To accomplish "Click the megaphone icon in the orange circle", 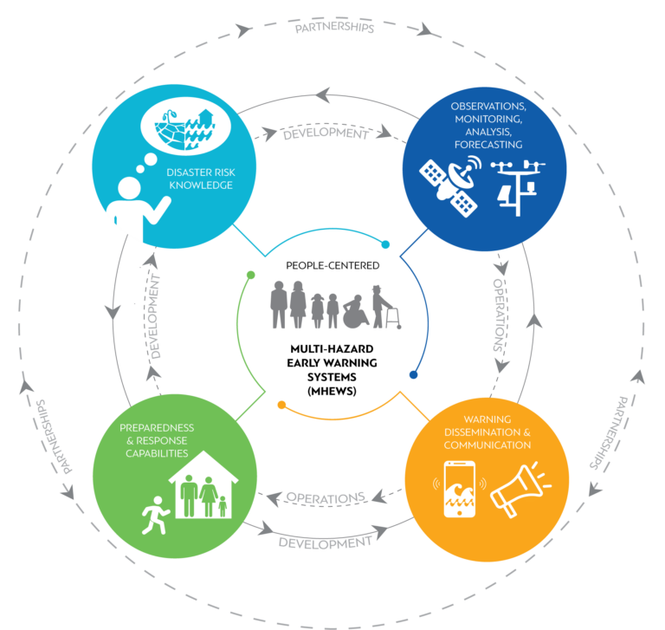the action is pos(520,490).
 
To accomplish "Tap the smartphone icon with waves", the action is pos(459,489).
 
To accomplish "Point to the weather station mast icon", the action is pos(518,188).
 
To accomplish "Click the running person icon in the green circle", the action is pos(155,516).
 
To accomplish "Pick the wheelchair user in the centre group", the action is pos(356,312).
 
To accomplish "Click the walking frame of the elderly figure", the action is pos(393,318).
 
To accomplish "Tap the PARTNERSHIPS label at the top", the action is pos(334,27).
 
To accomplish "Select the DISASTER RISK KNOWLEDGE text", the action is pos(201,179).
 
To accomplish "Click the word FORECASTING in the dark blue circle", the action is pos(488,145).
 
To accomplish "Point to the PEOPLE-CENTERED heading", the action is pos(332,266).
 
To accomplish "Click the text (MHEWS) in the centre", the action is pos(332,391).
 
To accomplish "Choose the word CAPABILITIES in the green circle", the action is pos(157,453).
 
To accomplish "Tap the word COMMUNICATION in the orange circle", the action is pos(487,445).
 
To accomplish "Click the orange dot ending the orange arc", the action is pos(281,405).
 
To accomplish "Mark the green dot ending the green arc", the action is pos(250,275).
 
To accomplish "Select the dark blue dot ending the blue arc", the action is pos(414,375).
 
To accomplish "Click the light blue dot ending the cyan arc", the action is pos(385,244).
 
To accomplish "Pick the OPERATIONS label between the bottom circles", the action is pos(326,497).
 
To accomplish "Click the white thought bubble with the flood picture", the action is pos(185,127).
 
